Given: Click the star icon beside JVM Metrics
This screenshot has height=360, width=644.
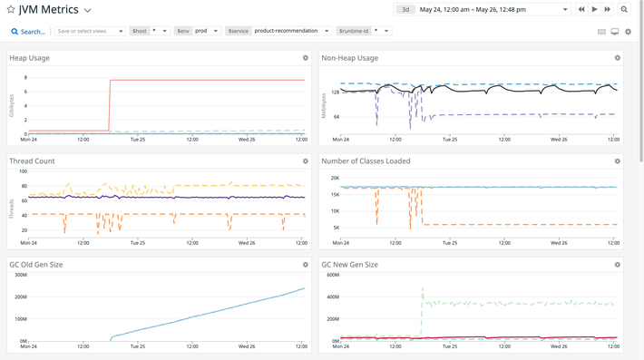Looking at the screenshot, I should click(11, 10).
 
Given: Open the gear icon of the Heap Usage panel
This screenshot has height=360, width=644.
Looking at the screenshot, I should click(306, 58).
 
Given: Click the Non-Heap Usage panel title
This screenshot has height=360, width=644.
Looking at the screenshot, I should click(349, 58).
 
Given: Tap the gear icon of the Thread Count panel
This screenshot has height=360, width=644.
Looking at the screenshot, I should click(306, 161).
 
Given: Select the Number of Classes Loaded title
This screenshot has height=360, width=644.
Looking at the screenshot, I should click(366, 161).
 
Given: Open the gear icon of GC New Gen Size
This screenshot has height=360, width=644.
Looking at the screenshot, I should click(618, 265).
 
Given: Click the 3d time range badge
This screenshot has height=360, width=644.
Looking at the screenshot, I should click(405, 10).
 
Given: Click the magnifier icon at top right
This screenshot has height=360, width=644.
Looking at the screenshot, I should click(624, 10).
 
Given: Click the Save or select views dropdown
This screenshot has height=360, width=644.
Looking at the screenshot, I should click(89, 31).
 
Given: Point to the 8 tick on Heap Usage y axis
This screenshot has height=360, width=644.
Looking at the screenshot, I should click(24, 78).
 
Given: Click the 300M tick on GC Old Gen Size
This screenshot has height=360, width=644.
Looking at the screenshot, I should click(20, 276).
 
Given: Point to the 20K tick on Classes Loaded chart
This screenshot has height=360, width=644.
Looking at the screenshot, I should click(334, 179).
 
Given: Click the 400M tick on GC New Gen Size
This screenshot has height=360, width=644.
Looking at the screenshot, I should click(332, 297).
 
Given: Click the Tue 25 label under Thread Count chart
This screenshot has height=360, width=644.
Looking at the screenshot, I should click(137, 243).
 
